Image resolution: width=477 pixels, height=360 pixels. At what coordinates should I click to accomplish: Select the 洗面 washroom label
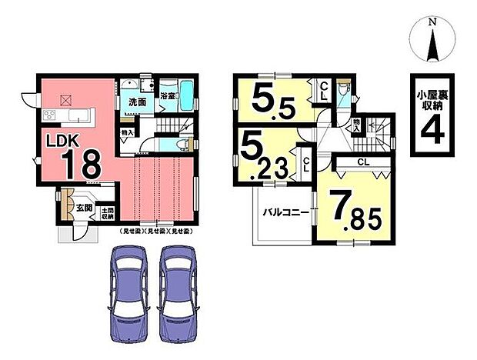(x=138, y=102)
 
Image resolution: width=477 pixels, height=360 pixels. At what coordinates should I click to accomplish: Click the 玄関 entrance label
(x=83, y=208)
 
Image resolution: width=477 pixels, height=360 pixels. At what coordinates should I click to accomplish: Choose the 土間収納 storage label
(x=108, y=212)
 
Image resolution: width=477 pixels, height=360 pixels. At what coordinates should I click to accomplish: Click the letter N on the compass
(x=432, y=24)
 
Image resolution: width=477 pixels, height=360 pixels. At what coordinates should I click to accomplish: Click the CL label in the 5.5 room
(x=325, y=90)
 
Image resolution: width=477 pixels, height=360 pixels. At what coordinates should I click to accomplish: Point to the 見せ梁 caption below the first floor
(x=155, y=231)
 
